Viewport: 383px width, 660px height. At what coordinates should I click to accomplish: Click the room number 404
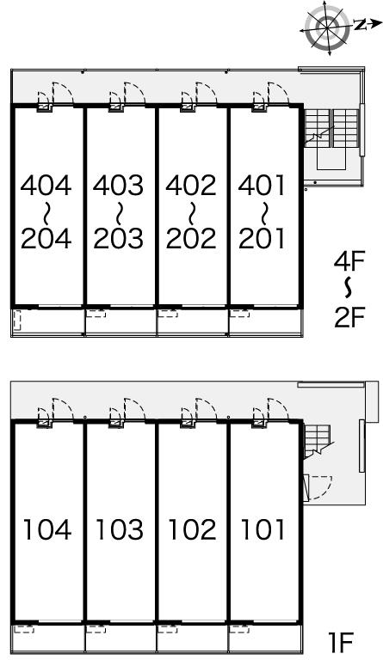(x=46, y=186)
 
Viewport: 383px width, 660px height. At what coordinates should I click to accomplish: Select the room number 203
(x=119, y=238)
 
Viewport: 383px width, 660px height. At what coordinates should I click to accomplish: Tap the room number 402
(x=191, y=186)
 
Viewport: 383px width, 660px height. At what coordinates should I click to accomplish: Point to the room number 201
(x=262, y=238)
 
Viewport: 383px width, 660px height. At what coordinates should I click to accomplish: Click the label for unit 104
(x=46, y=529)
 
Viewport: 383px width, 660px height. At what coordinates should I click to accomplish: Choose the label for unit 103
(x=120, y=529)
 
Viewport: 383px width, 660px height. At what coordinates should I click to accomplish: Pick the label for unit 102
(x=192, y=529)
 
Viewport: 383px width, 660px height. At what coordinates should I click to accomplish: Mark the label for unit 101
(x=263, y=529)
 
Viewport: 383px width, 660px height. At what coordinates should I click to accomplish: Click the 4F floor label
(x=349, y=261)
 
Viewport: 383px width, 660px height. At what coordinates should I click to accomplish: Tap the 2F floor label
(x=349, y=317)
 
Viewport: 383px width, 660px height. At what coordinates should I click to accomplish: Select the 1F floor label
(x=340, y=641)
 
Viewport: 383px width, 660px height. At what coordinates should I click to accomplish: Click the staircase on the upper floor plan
(x=331, y=128)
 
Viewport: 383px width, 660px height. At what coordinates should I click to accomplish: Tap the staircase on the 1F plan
(x=318, y=441)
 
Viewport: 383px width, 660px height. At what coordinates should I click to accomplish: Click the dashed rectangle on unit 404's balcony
(x=17, y=321)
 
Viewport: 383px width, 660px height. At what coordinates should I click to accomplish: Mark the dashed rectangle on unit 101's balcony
(x=239, y=629)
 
